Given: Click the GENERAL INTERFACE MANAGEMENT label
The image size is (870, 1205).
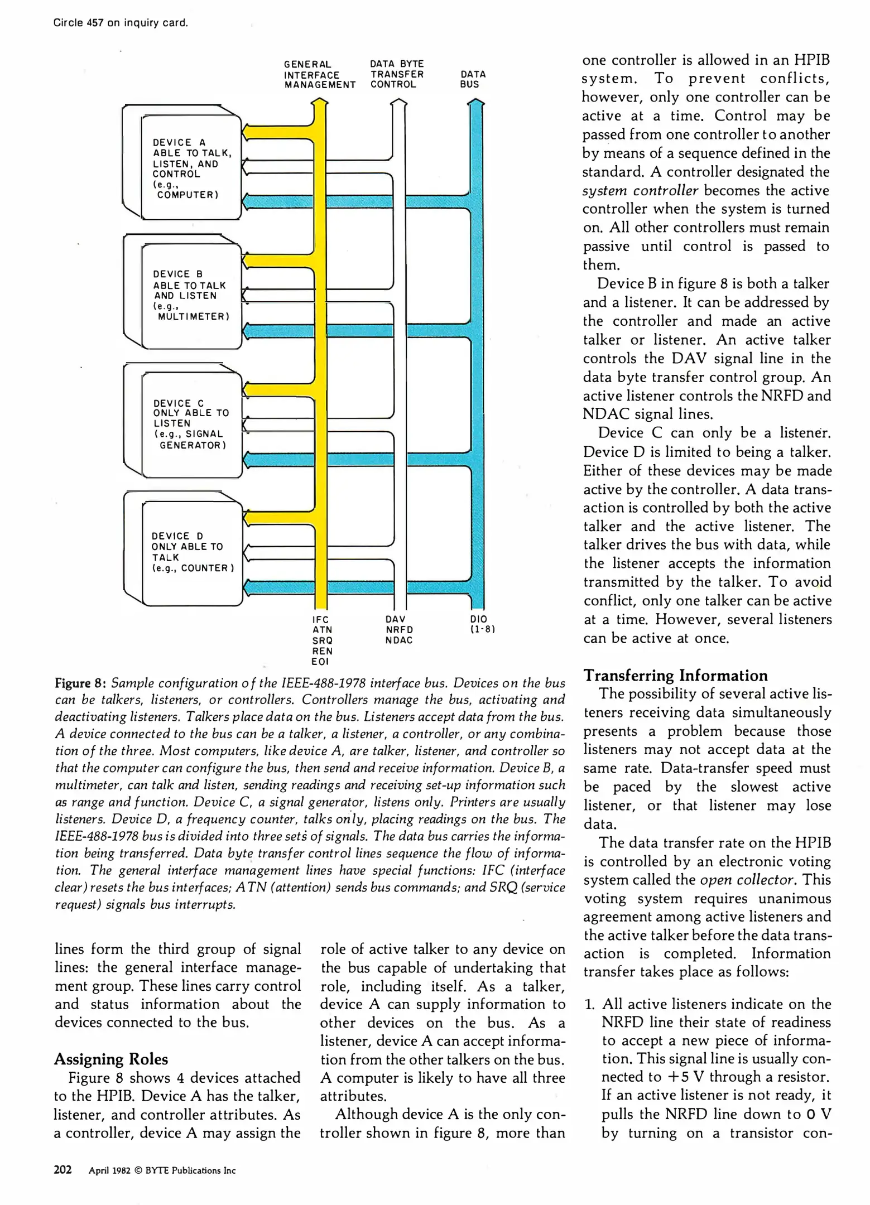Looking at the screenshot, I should point(319,75).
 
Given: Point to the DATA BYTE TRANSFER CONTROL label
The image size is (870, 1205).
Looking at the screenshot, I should point(397,74).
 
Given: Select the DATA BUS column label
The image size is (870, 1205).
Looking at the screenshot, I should point(473,79).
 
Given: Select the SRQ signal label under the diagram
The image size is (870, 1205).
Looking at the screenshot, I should point(323,640).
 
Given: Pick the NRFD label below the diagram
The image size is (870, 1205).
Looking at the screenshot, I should point(399,630).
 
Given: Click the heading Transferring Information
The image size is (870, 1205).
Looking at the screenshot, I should point(675,676).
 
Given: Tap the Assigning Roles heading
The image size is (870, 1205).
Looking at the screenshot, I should point(110,1059).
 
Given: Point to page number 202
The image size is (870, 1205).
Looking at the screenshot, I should point(63,1170).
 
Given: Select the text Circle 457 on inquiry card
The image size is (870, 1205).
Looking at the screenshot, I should point(121,23).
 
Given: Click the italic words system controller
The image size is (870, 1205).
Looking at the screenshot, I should point(640,191).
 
